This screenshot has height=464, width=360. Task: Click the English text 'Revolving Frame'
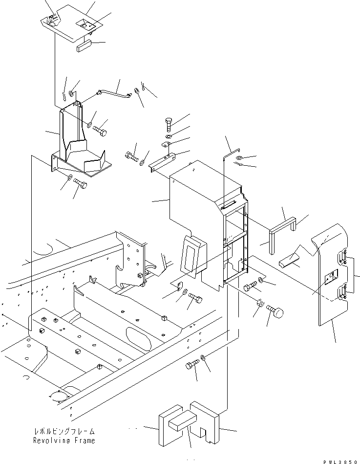click(64, 441)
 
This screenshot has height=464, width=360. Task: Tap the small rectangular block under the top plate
click(85, 47)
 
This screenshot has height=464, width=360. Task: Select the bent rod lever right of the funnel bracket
click(112, 91)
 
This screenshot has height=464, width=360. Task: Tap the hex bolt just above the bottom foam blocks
click(192, 365)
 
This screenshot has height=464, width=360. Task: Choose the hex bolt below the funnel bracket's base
click(80, 185)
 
